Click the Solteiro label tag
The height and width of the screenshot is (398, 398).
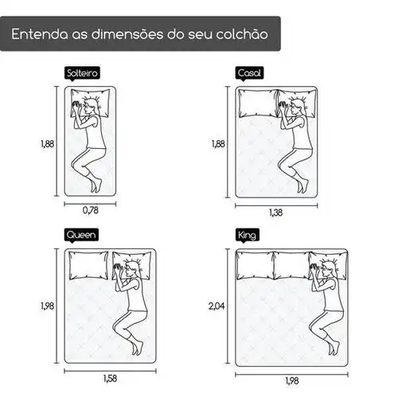pyautogui.click(x=82, y=73)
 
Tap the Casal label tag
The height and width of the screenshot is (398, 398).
pyautogui.click(x=249, y=73)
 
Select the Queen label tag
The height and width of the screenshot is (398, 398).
pyautogui.click(x=81, y=235)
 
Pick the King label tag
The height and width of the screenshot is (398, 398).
pyautogui.click(x=248, y=235)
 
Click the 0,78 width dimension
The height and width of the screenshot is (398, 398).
pyautogui.click(x=91, y=210)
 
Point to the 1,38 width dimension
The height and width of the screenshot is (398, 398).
pyautogui.click(x=276, y=213)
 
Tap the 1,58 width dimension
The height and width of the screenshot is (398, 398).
pyautogui.click(x=110, y=378)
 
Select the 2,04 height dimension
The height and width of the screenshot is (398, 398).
pyautogui.click(x=217, y=306)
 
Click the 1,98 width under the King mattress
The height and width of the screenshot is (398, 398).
pyautogui.click(x=292, y=381)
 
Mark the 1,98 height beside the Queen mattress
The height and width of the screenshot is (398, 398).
pyautogui.click(x=47, y=306)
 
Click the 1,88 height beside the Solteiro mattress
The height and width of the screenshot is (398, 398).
pyautogui.click(x=47, y=144)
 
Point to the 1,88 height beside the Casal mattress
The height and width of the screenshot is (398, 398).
pyautogui.click(x=218, y=144)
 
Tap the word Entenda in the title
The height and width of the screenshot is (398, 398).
pyautogui.click(x=39, y=34)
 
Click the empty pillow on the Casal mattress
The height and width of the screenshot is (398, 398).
pyautogui.click(x=258, y=103)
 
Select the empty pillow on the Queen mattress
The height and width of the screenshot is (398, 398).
pyautogui.click(x=88, y=266)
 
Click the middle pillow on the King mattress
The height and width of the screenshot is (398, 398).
pyautogui.click(x=292, y=265)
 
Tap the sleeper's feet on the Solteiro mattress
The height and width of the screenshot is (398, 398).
pyautogui.click(x=96, y=185)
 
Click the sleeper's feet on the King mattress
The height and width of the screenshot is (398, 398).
pyautogui.click(x=334, y=347)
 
